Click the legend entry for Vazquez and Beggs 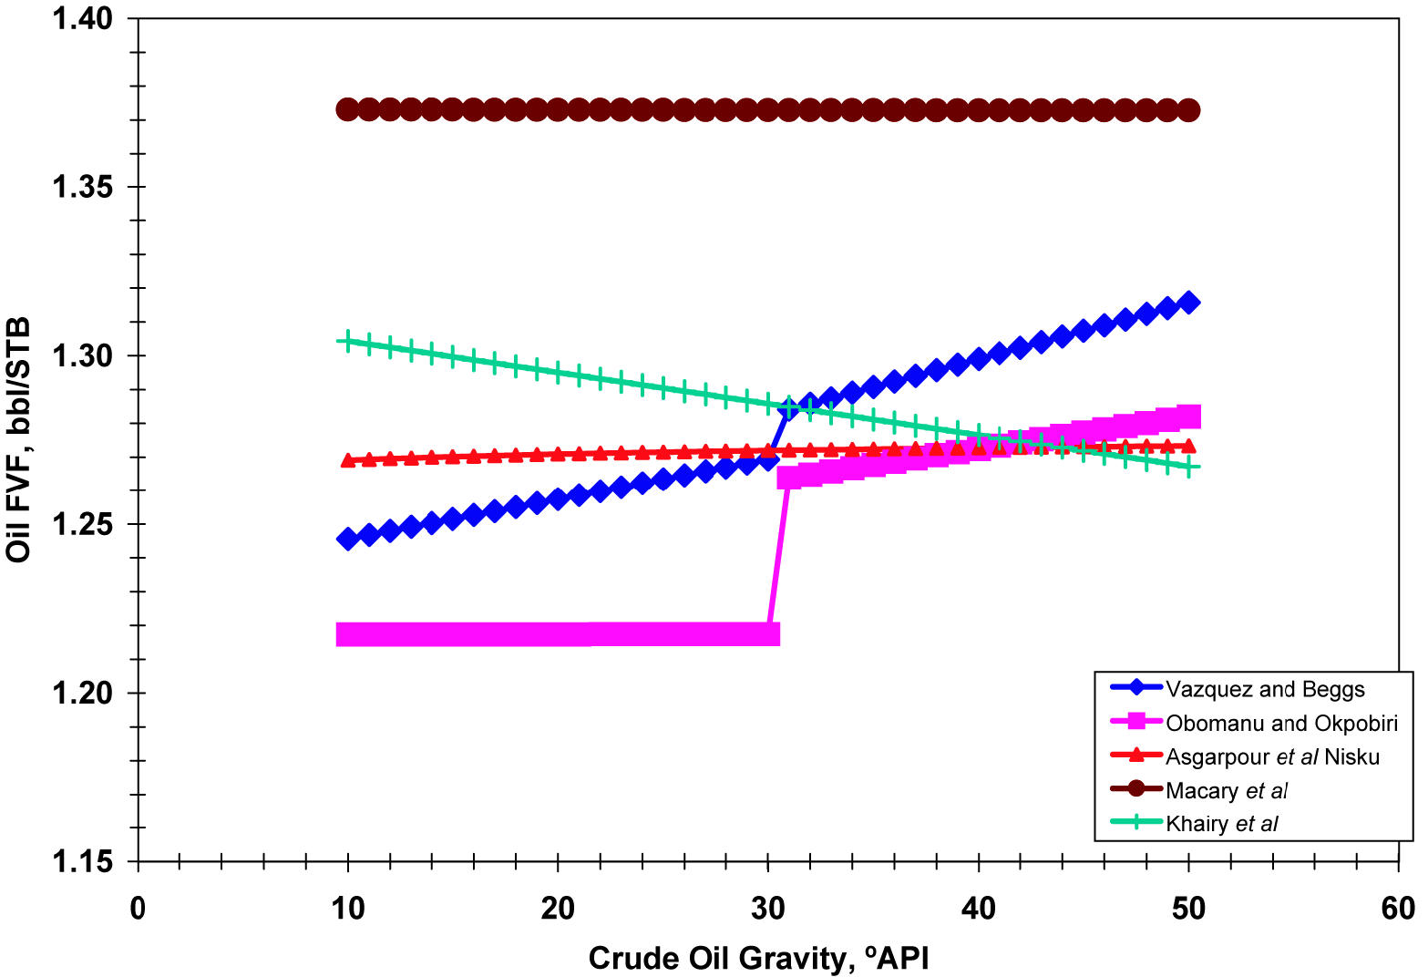(x=1265, y=689)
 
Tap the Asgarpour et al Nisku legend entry (x=1272, y=756)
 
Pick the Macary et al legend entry (x=1227, y=790)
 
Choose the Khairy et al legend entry (x=1221, y=824)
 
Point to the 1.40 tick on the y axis (x=82, y=18)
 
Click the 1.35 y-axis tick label (x=82, y=187)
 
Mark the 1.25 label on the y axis (x=82, y=524)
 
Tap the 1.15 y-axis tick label (x=82, y=861)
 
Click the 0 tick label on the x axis (x=138, y=909)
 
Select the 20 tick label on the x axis (x=558, y=909)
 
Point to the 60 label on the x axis (x=1398, y=909)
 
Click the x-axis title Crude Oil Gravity (x=758, y=958)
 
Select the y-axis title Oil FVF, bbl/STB (x=19, y=440)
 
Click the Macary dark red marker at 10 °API (x=347, y=109)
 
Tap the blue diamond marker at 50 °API (x=1188, y=303)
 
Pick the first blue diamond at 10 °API (x=347, y=539)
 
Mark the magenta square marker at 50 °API (x=1188, y=417)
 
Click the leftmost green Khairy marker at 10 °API (x=347, y=341)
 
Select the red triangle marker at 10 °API (x=347, y=460)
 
